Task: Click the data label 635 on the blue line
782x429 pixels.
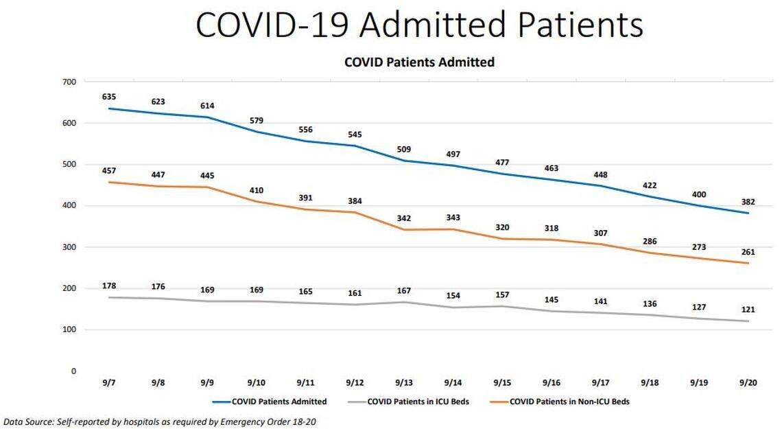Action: pos(108,97)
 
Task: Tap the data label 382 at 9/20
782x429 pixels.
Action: pos(748,201)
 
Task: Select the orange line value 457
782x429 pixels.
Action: pos(108,170)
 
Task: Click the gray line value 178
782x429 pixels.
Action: pos(108,285)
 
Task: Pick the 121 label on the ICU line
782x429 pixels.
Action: pos(748,310)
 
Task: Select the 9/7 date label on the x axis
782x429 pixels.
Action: pos(108,382)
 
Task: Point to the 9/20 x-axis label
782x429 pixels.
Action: pos(748,382)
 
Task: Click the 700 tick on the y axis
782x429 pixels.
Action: pos(69,82)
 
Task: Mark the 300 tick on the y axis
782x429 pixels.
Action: pos(69,247)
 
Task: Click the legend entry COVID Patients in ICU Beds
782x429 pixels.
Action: pos(418,402)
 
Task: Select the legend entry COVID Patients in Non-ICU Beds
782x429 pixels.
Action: pos(569,402)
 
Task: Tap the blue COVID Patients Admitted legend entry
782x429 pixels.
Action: pos(279,402)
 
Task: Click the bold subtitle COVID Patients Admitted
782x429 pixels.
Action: pos(419,62)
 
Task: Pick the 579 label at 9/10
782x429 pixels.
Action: pos(256,121)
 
